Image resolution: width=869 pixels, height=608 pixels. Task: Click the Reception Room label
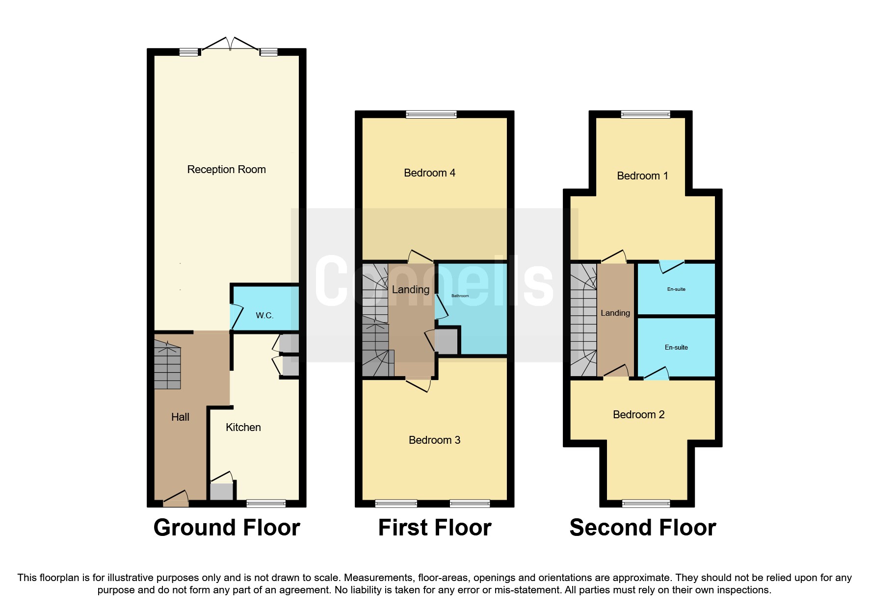(x=226, y=170)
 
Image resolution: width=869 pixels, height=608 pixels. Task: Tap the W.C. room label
(x=264, y=315)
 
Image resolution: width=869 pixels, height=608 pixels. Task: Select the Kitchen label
(x=243, y=427)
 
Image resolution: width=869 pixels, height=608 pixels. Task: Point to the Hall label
(x=180, y=417)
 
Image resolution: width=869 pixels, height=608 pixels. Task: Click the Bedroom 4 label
(x=429, y=173)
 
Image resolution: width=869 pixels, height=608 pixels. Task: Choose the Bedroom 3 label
(x=434, y=440)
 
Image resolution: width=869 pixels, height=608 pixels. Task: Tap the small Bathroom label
(x=460, y=296)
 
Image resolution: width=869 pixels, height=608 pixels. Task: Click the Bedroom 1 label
(x=642, y=176)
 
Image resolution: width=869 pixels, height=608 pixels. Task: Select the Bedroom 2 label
(x=638, y=414)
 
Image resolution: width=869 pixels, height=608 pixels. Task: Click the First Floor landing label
(x=410, y=289)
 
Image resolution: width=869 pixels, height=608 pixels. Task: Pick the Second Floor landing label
(x=615, y=313)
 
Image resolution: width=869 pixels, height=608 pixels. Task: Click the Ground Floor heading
(x=226, y=528)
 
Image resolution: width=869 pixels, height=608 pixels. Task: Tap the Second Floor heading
(x=642, y=528)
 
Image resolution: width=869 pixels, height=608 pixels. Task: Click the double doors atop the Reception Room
(x=230, y=44)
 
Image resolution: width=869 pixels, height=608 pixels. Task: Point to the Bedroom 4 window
(x=431, y=115)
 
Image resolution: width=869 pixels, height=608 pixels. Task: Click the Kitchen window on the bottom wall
(x=265, y=503)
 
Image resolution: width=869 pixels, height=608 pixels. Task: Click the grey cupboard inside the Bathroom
(x=446, y=341)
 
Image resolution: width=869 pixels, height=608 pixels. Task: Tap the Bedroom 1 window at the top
(x=645, y=115)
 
